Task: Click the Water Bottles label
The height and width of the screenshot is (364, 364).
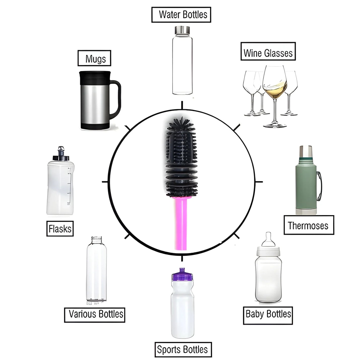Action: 181,15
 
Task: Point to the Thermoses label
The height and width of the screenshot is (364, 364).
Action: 309,225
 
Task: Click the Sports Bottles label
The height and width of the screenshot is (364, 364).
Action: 183,349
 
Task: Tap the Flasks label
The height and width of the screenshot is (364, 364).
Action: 60,228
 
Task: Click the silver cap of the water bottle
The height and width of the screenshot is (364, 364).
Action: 182,30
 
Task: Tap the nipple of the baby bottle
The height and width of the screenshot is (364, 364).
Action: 268,239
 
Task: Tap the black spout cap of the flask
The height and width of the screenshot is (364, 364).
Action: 61,154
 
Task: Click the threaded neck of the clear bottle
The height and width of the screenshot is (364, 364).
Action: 97,239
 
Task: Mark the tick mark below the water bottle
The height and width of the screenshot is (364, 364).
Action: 182,105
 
